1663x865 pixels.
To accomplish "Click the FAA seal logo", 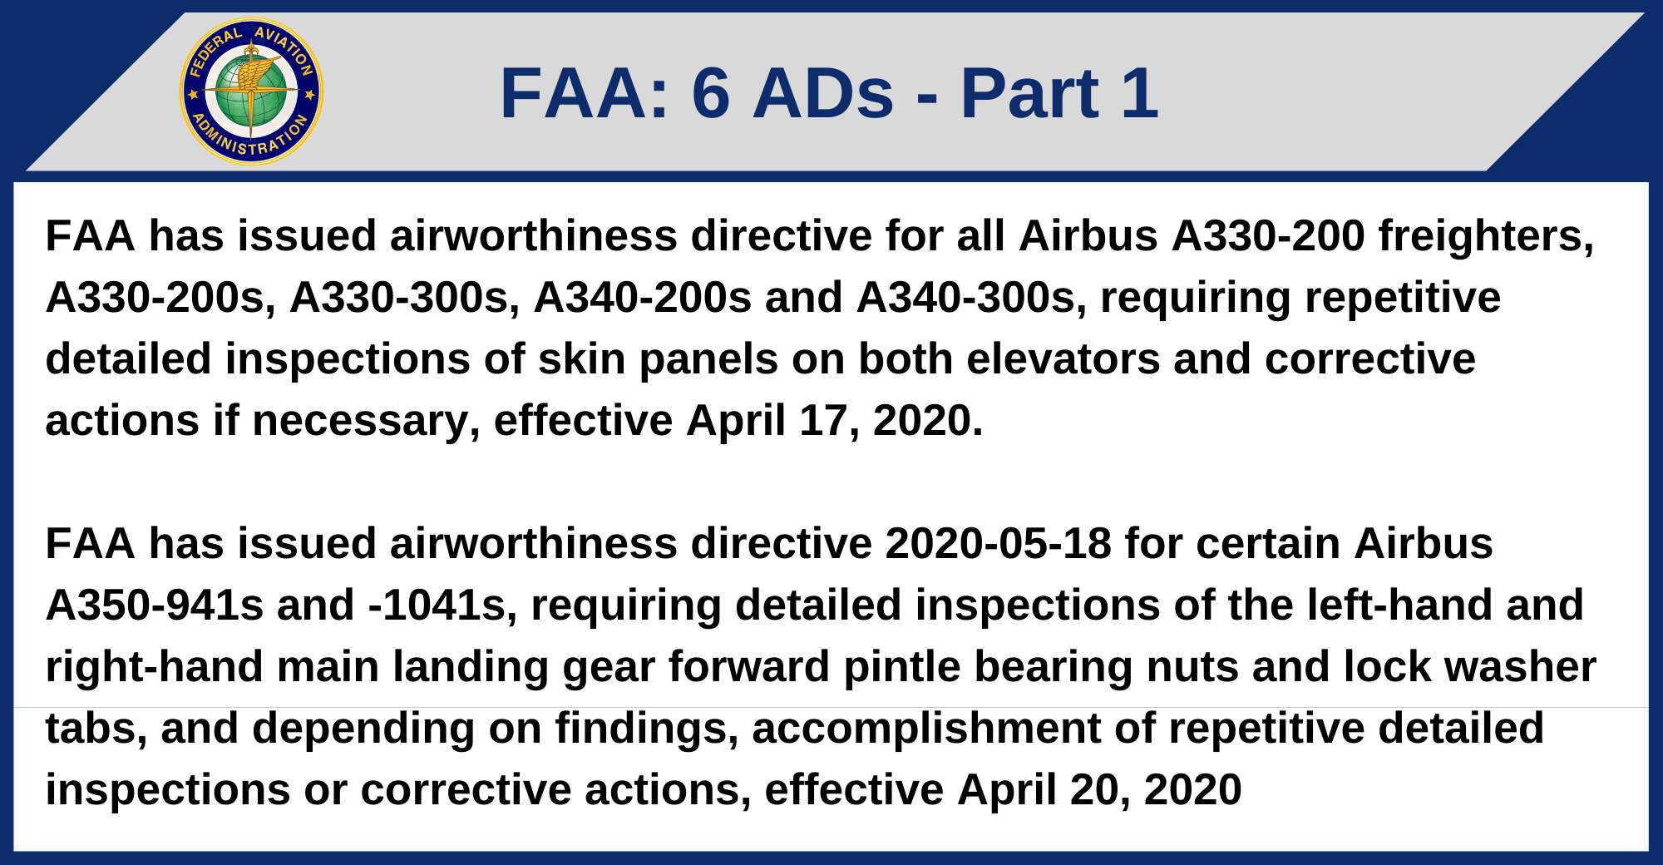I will pos(251,91).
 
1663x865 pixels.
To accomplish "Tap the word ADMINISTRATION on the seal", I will pos(249,141).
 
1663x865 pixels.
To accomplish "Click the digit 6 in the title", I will pos(711,93).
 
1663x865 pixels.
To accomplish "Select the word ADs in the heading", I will pos(823,93).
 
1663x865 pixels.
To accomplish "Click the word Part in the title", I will pos(1029,93).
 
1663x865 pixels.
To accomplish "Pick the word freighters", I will pos(1486,236).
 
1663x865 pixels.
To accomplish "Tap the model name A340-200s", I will pos(642,298).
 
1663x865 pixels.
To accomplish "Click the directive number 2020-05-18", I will pos(998,544).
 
